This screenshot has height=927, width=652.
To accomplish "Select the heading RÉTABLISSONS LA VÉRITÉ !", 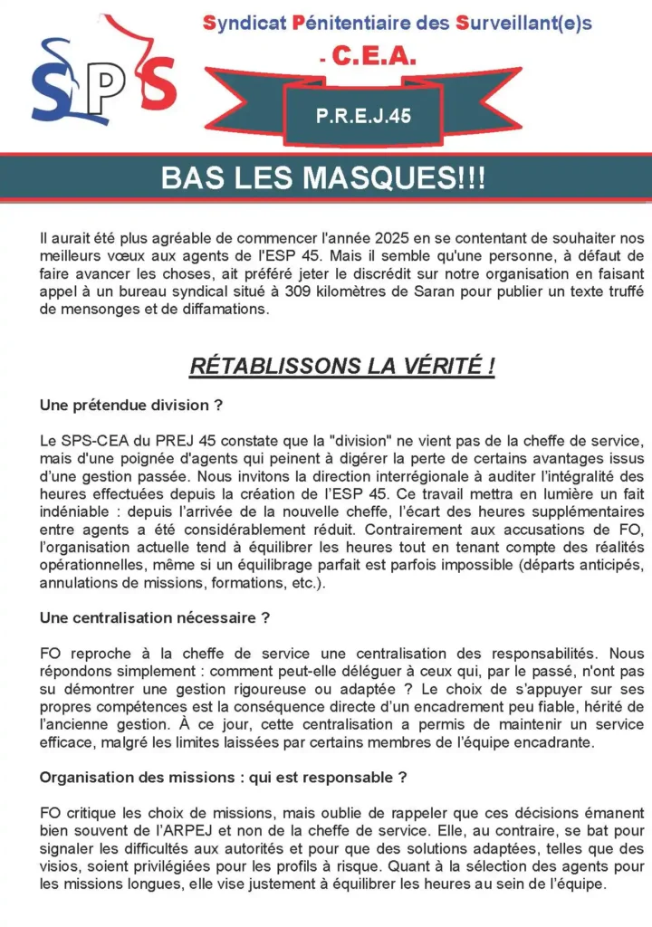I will pyautogui.click(x=341, y=367).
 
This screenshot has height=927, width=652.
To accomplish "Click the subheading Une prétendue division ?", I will pyautogui.click(x=130, y=406).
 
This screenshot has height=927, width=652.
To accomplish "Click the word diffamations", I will pyautogui.click(x=225, y=309).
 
